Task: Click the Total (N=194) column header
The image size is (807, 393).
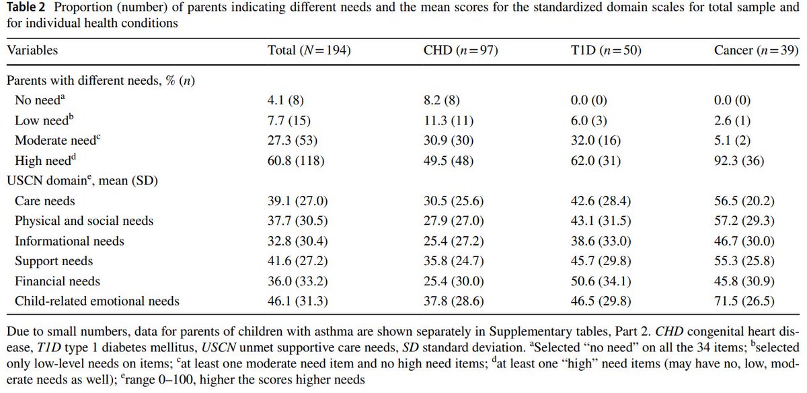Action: pyautogui.click(x=309, y=50)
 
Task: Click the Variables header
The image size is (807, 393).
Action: pyautogui.click(x=32, y=50)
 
